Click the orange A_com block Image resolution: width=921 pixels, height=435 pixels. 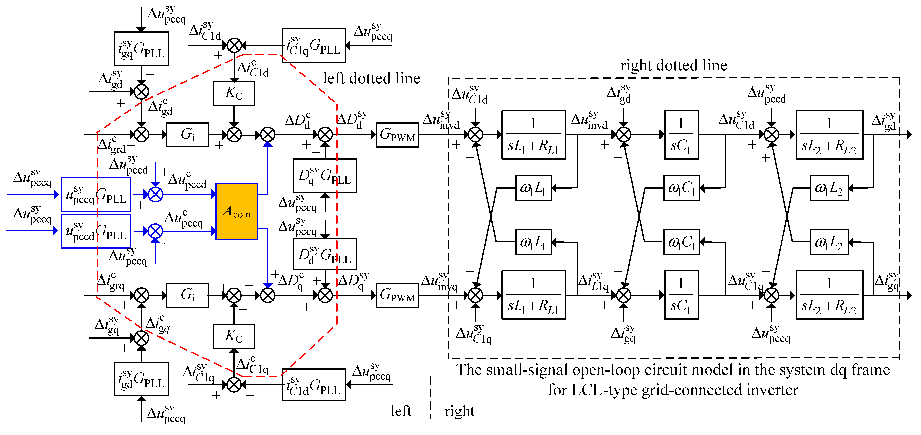[x=237, y=211]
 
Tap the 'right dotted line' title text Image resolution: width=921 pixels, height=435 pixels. [x=674, y=65]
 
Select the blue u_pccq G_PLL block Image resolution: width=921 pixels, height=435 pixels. [x=96, y=195]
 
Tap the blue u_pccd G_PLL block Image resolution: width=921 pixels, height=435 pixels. [x=96, y=231]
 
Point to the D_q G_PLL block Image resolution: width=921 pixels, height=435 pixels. [x=325, y=176]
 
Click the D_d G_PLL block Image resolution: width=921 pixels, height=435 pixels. [x=325, y=254]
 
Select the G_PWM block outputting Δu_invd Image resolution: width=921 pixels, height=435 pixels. [x=397, y=135]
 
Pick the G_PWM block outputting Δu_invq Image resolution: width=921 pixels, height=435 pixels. [x=397, y=295]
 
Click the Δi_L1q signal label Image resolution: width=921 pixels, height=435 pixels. [x=593, y=282]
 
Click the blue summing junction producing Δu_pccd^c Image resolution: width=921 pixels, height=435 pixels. [x=156, y=194]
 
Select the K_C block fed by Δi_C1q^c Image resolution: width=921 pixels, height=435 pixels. [x=234, y=336]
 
